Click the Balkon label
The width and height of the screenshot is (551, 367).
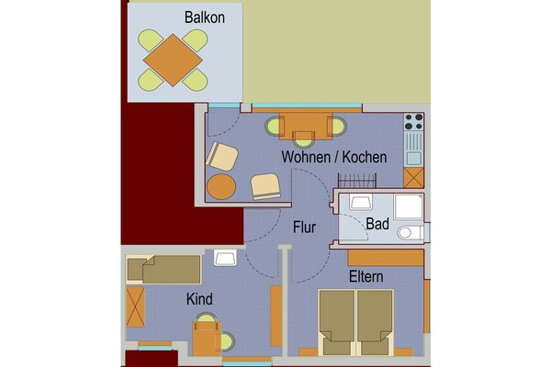pyautogui.click(x=205, y=17)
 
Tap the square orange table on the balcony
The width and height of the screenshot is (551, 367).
pyautogui.click(x=173, y=60)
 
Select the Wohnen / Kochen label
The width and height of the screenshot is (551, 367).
pyautogui.click(x=334, y=157)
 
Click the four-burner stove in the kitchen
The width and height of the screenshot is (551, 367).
pyautogui.click(x=413, y=121)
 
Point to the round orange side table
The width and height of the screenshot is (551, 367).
pyautogui.click(x=221, y=186)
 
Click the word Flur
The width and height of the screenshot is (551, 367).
pyautogui.click(x=304, y=228)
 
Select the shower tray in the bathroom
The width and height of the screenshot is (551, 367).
pyautogui.click(x=409, y=206)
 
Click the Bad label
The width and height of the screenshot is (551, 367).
pyautogui.click(x=377, y=224)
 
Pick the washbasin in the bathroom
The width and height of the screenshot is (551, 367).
pyautogui.click(x=361, y=202)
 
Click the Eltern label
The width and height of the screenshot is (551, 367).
pyautogui.click(x=365, y=277)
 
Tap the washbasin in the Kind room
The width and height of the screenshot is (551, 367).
pyautogui.click(x=225, y=258)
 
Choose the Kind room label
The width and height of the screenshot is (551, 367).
pyautogui.click(x=199, y=299)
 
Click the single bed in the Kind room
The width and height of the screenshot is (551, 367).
pyautogui.click(x=163, y=270)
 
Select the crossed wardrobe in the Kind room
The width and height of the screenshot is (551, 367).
pyautogui.click(x=135, y=307)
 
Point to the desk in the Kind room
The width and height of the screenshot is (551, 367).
pyautogui.click(x=207, y=339)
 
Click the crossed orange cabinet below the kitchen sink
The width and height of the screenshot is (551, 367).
pyautogui.click(x=413, y=178)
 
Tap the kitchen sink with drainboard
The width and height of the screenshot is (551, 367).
pyautogui.click(x=413, y=149)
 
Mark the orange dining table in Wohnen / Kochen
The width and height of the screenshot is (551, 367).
pyautogui.click(x=306, y=126)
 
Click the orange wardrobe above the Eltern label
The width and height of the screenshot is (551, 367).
pyautogui.click(x=386, y=258)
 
